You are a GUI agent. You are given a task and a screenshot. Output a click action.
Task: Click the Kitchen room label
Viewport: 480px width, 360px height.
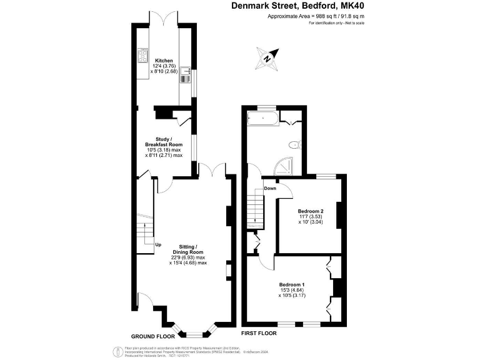[x=164, y=61]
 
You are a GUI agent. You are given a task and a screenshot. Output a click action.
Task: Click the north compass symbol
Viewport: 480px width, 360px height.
[x=267, y=58]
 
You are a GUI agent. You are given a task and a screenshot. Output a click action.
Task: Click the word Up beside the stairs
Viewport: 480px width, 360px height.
[x=159, y=244]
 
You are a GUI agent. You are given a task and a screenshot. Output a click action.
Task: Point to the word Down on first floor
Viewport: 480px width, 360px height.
[x=270, y=188]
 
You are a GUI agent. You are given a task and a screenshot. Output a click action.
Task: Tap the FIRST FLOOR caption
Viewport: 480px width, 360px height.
[x=259, y=333]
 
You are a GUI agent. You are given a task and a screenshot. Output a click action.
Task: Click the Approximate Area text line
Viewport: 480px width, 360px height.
[x=316, y=16]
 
